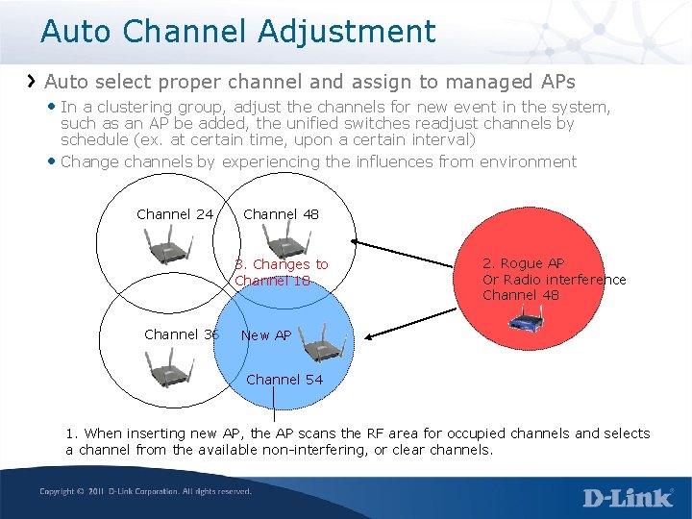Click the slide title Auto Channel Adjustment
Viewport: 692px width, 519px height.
(237, 31)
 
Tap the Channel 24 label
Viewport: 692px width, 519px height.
(175, 214)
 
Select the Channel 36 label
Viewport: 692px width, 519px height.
(182, 334)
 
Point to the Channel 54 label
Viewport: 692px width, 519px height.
(284, 380)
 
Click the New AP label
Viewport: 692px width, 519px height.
(265, 335)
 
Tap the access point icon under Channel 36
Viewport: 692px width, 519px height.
(170, 368)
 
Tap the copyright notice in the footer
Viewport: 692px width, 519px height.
(145, 492)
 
